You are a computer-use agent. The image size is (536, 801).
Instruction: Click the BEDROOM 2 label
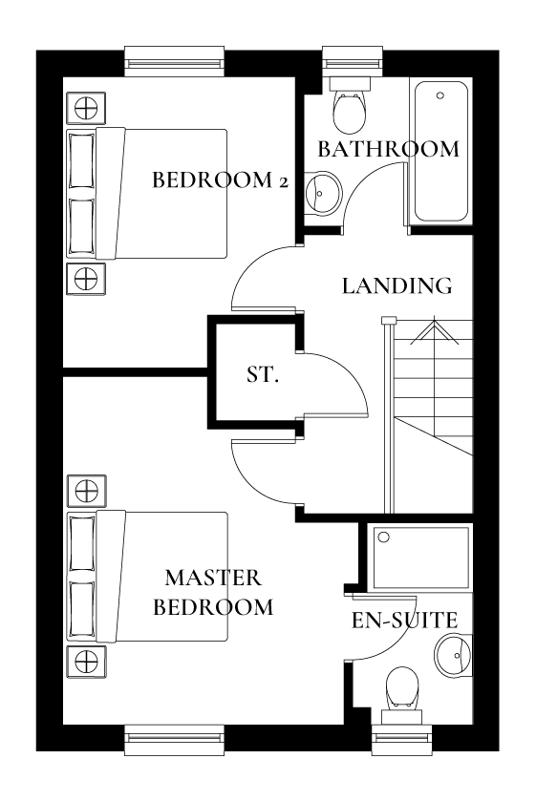tap(220, 180)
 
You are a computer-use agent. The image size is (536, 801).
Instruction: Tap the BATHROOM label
tap(388, 150)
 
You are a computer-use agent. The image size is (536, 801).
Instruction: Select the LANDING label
tap(397, 285)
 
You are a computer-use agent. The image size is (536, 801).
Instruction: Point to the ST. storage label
tap(263, 374)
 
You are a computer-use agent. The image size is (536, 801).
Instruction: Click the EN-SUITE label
tap(404, 621)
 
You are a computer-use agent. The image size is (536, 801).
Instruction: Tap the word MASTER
tap(213, 578)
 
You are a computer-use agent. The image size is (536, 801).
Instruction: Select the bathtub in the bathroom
tap(440, 152)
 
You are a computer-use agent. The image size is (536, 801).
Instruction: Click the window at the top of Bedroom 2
tap(174, 64)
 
